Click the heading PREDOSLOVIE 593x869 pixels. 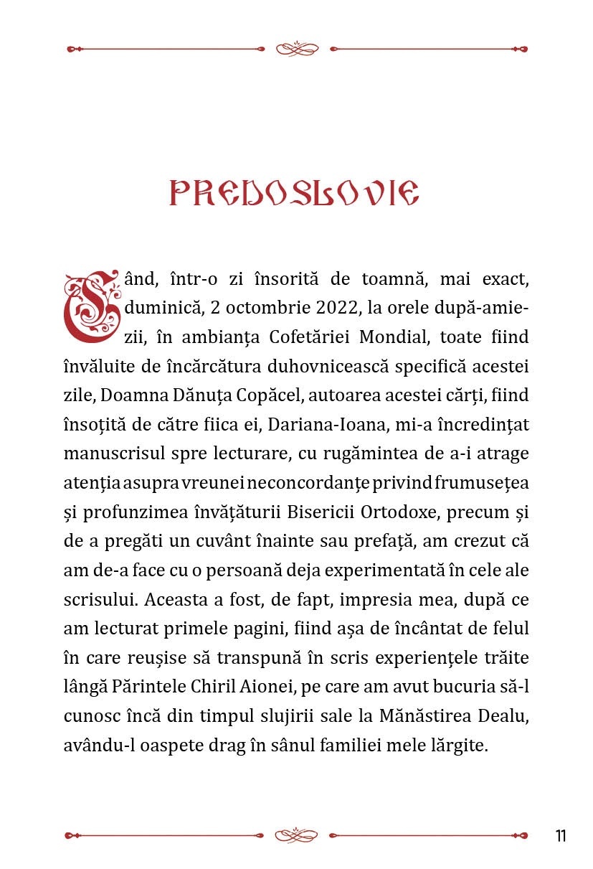pos(294,193)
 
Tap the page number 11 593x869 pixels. pos(560,836)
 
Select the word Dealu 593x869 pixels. pos(503,717)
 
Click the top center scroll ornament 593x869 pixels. pos(296,49)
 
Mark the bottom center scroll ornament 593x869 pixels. pos(296,835)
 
